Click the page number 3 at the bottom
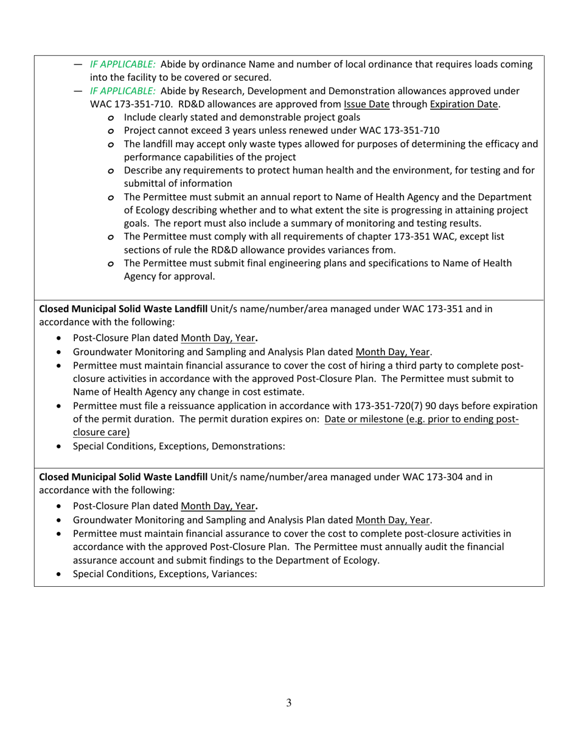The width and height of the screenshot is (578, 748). point(289,703)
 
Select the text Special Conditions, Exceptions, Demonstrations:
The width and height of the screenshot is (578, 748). point(178,446)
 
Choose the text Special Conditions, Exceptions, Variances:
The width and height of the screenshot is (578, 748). point(165,573)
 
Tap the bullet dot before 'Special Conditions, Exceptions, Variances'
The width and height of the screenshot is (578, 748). point(58,573)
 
